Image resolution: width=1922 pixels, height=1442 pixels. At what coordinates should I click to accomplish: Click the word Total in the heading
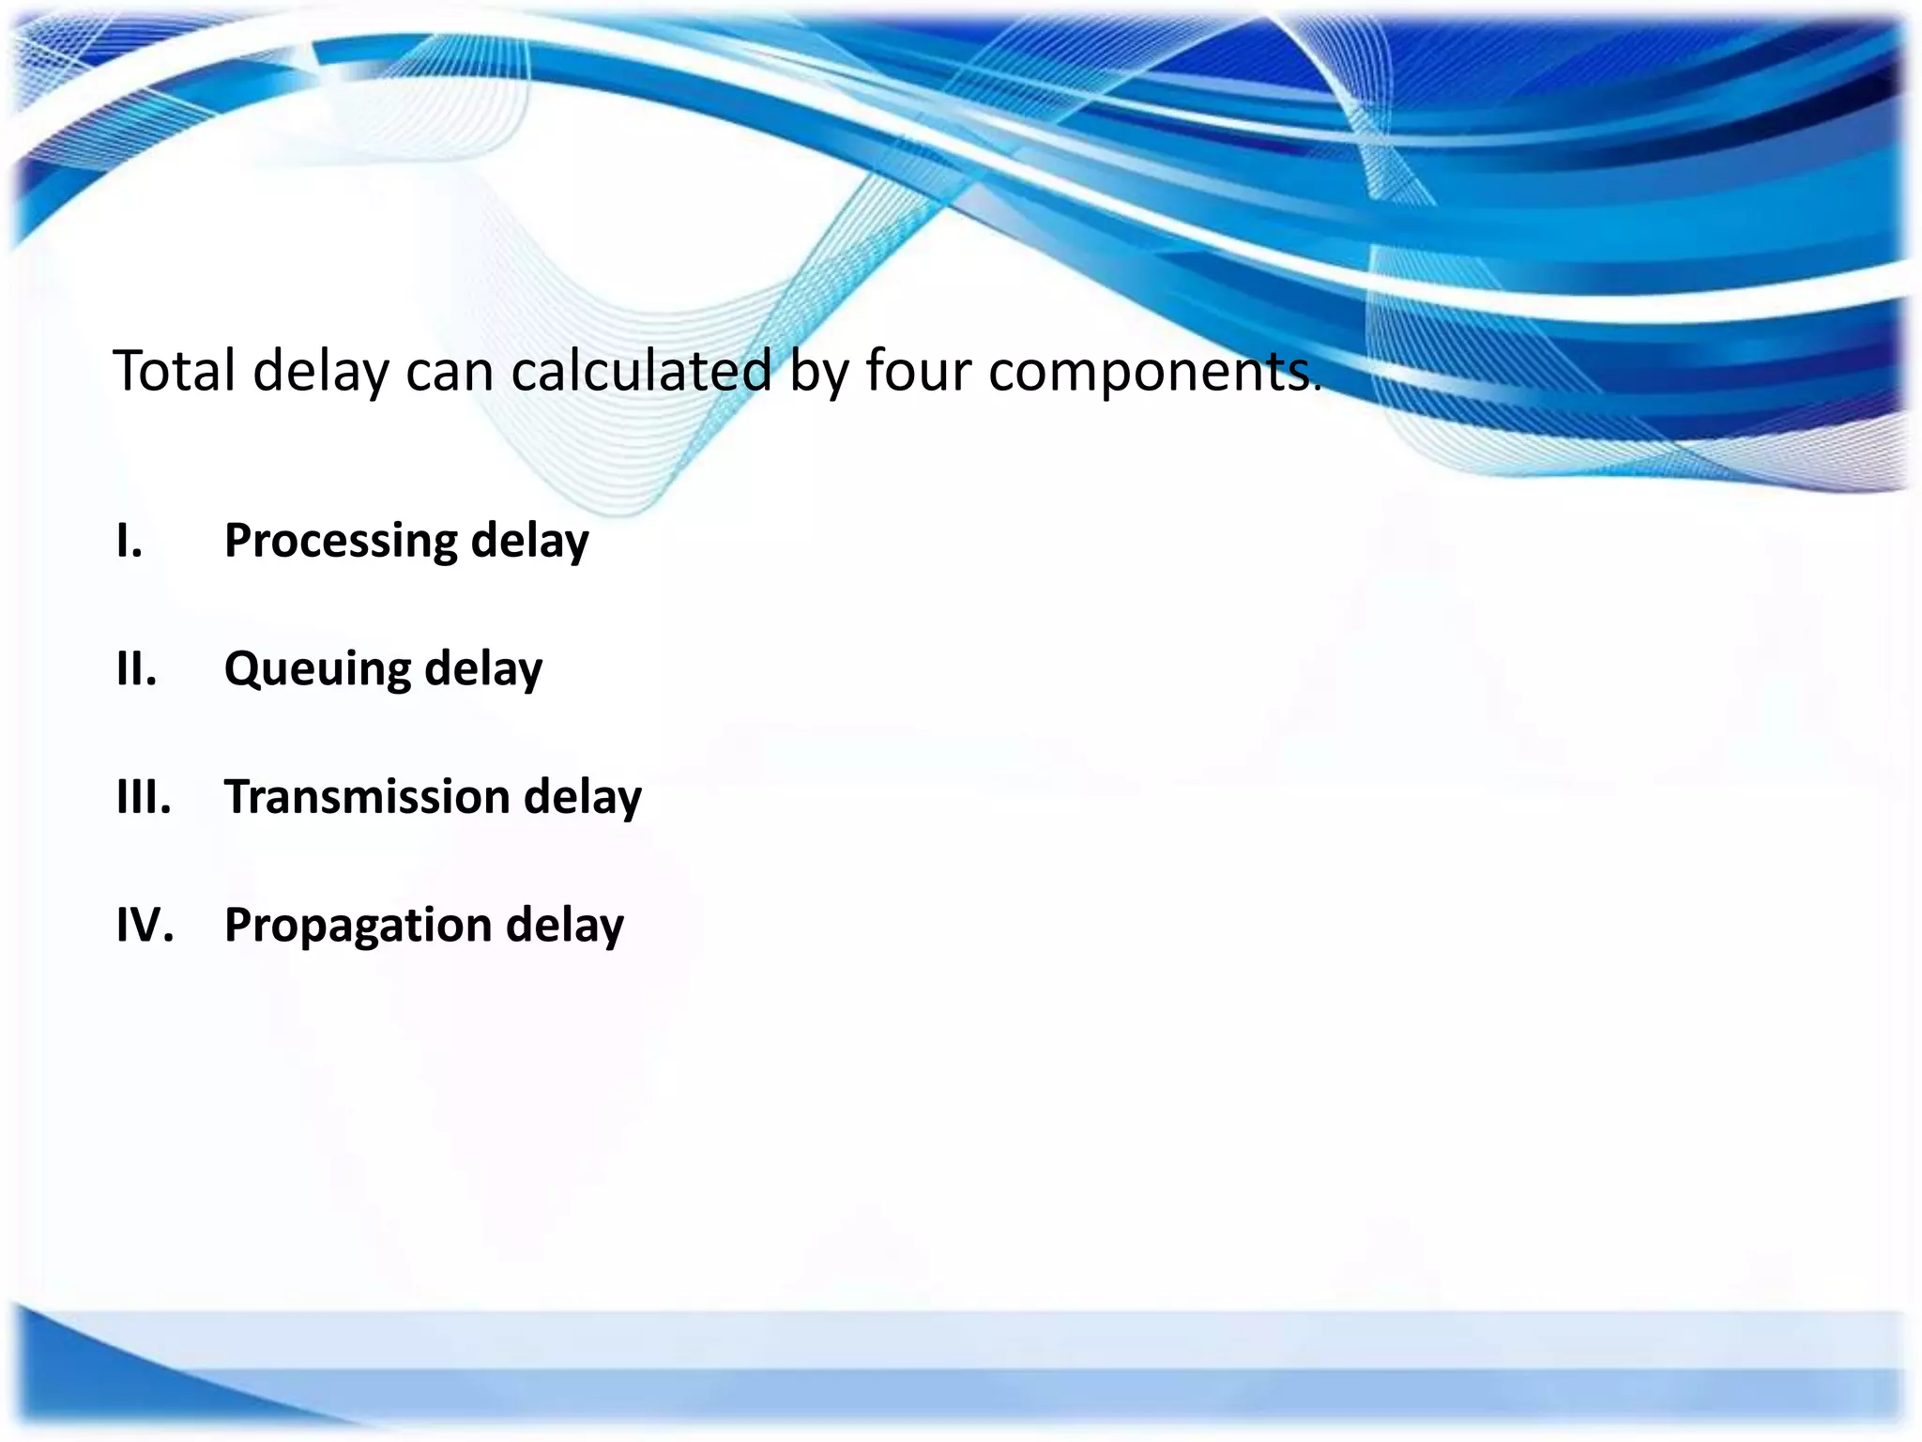174,370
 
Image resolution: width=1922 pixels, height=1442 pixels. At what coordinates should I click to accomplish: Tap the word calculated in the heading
641,370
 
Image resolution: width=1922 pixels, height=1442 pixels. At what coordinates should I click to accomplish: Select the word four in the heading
918,370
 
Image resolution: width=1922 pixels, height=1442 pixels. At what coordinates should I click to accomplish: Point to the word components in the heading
1149,372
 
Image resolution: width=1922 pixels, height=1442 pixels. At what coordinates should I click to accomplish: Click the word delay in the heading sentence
321,372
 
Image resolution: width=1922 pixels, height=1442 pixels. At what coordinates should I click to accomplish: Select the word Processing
340,542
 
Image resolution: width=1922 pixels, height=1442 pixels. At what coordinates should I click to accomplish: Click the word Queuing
317,670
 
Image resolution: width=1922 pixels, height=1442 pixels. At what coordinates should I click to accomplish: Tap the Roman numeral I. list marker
130,541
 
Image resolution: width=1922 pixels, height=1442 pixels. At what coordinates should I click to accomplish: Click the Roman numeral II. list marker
136,669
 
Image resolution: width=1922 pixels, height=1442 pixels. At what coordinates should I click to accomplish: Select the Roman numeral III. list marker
144,797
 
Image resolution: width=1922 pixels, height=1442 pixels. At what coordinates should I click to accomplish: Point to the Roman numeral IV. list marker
145,925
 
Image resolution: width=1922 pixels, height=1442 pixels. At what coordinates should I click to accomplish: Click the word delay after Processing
529,542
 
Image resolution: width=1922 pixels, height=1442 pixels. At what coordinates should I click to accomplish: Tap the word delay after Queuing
483,670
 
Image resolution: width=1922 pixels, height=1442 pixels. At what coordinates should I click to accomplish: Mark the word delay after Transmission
583,797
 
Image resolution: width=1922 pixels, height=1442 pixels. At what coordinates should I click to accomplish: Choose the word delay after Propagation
565,926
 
